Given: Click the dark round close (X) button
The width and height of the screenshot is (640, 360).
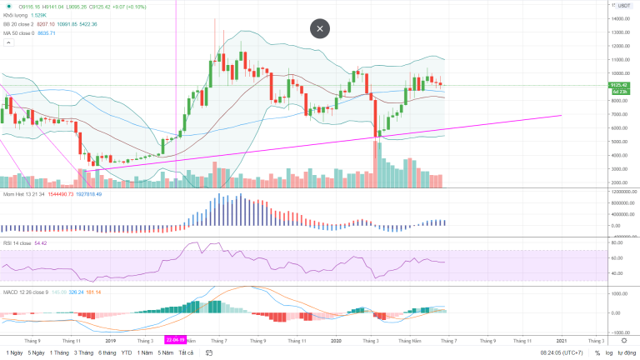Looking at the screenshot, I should (x=320, y=28).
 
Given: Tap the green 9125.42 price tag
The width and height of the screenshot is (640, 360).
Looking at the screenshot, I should (x=617, y=85).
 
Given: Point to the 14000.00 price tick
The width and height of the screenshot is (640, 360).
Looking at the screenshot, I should (x=618, y=18).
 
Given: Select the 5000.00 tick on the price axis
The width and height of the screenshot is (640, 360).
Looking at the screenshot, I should (x=618, y=142).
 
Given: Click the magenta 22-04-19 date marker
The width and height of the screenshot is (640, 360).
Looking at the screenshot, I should (x=175, y=340).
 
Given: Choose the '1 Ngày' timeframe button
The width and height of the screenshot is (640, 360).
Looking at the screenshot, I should (x=13, y=352).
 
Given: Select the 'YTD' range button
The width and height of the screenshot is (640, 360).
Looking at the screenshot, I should (x=126, y=352).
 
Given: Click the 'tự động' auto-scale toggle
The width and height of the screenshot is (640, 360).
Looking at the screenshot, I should (x=627, y=352).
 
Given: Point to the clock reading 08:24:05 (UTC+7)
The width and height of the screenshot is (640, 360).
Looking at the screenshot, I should (x=562, y=352).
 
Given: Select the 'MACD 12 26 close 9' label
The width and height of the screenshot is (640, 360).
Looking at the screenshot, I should (x=25, y=292).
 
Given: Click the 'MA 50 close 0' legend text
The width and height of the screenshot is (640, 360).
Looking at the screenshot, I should (x=19, y=33).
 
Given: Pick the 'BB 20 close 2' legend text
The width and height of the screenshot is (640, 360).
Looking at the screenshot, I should (x=19, y=24).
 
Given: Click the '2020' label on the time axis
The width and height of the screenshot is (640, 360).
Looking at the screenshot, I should (x=336, y=340).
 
